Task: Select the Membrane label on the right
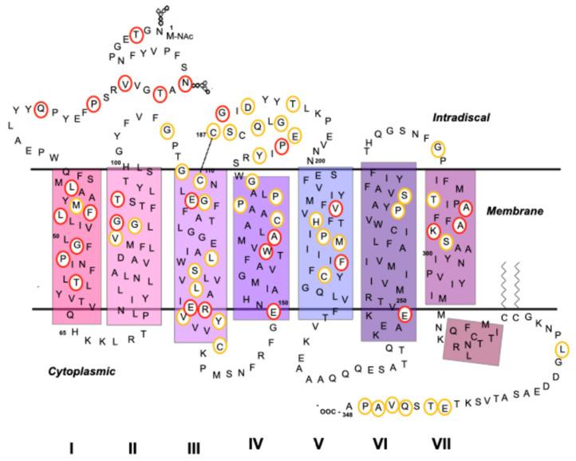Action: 519,211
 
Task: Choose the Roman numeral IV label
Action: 255,445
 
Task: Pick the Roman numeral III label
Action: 194,447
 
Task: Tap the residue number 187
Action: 202,132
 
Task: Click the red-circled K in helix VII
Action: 433,230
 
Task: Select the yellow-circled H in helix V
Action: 316,221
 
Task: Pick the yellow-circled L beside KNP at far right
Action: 562,349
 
